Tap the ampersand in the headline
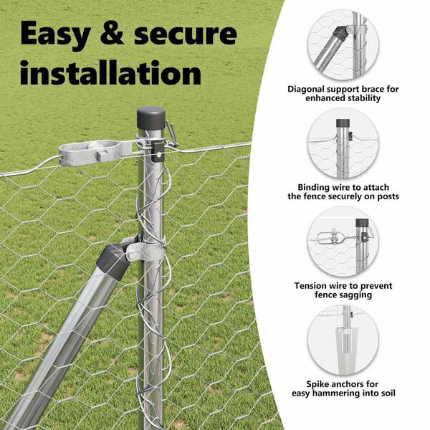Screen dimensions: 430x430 [113, 34]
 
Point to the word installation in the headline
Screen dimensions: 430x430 [110, 72]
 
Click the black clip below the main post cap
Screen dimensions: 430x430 [158, 152]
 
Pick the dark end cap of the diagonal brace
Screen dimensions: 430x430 [113, 262]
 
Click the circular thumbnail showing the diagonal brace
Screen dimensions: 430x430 [343, 45]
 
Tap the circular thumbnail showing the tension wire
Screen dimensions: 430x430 [343, 242]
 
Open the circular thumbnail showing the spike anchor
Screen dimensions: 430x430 [343, 340]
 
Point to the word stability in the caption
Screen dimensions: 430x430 [364, 98]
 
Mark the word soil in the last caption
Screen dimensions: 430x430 [388, 393]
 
